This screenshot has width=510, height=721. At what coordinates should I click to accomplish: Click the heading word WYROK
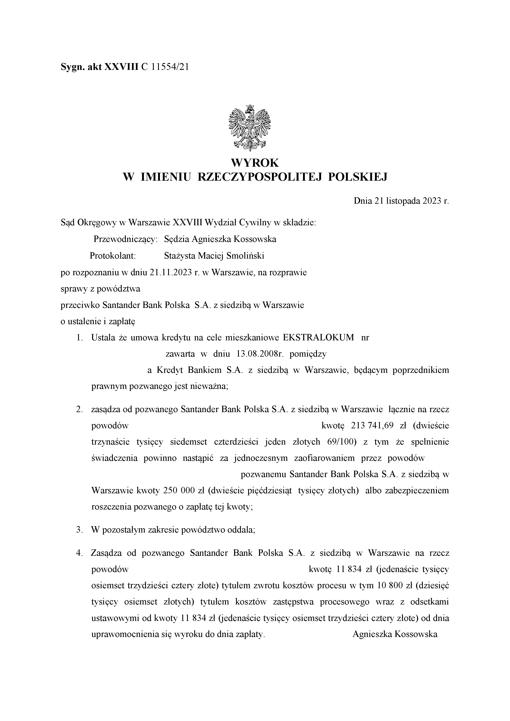pyautogui.click(x=255, y=163)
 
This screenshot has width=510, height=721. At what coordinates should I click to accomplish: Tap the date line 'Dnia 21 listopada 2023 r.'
pyautogui.click(x=401, y=201)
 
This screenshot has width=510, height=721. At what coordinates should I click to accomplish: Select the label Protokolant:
pyautogui.click(x=112, y=256)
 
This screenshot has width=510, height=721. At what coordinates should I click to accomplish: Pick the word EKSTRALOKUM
pyautogui.click(x=318, y=337)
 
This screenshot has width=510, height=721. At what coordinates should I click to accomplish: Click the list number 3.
pyautogui.click(x=79, y=530)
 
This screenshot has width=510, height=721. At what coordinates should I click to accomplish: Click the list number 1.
pyautogui.click(x=79, y=337)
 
